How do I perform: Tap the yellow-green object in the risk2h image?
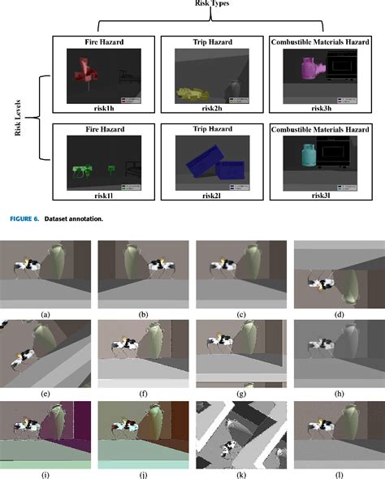click(x=193, y=94)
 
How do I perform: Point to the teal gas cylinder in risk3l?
click(x=307, y=157)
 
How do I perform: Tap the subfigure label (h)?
click(x=339, y=391)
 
